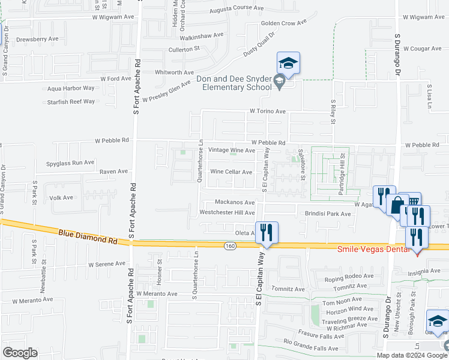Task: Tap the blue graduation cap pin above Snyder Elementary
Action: (x=288, y=63)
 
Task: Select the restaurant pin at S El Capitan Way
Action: (x=267, y=232)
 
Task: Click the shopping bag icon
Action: (x=397, y=204)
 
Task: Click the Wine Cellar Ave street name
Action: (x=231, y=172)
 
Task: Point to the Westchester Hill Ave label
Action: (x=228, y=212)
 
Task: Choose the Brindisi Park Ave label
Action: (x=327, y=214)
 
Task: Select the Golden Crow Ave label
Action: (x=283, y=23)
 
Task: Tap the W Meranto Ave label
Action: (x=157, y=294)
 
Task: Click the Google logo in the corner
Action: (x=20, y=353)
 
